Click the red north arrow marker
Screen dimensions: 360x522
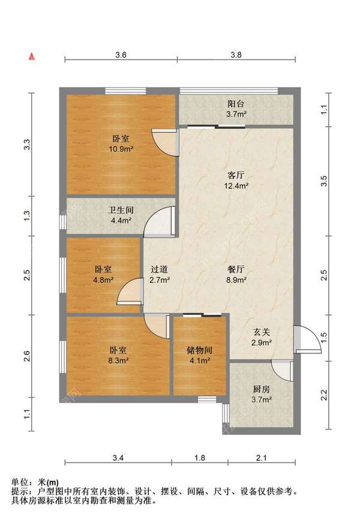[32, 56]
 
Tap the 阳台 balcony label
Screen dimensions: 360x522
[236, 104]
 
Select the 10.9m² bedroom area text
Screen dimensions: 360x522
[121, 149]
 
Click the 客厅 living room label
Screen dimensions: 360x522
[236, 175]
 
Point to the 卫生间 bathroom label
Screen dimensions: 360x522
[121, 210]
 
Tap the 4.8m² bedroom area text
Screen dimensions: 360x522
[103, 280]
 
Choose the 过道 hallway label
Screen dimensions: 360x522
[159, 269]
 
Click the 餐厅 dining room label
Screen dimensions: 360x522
[236, 269]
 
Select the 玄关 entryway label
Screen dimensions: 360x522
[262, 332]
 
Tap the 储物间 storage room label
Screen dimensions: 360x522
[199, 350]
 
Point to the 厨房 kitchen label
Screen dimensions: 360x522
[262, 389]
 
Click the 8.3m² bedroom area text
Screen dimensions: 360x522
[118, 360]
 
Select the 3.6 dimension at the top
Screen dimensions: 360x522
[121, 55]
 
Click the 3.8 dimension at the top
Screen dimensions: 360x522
[236, 55]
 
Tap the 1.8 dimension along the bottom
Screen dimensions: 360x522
[199, 458]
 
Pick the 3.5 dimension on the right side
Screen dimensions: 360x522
[324, 181]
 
